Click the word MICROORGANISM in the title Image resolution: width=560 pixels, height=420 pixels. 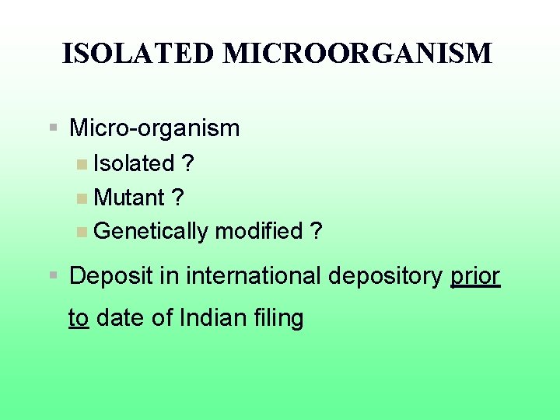click(x=357, y=54)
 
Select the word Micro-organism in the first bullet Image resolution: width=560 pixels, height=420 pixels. click(x=155, y=128)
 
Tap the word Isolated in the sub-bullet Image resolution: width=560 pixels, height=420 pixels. click(x=134, y=163)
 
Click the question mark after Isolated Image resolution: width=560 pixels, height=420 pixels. click(x=187, y=163)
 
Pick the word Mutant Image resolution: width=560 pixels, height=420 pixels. click(x=129, y=198)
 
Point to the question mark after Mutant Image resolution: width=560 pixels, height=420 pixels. click(x=178, y=198)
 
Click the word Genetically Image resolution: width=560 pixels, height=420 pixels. click(x=151, y=231)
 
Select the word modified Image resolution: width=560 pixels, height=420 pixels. click(x=258, y=231)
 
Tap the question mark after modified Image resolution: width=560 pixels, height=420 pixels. click(x=315, y=231)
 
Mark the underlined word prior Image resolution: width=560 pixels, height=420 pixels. click(x=475, y=276)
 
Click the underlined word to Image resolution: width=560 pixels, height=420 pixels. click(x=78, y=318)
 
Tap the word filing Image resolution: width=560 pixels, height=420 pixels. click(x=280, y=318)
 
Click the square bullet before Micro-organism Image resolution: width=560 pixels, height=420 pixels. click(x=53, y=126)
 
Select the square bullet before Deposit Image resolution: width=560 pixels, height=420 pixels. click(x=53, y=275)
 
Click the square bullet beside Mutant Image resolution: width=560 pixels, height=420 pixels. click(x=82, y=198)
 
